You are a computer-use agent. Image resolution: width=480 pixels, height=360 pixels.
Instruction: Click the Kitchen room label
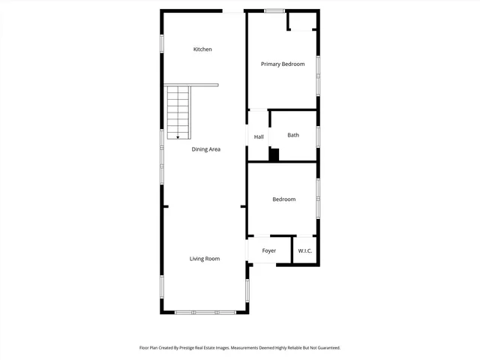(202, 49)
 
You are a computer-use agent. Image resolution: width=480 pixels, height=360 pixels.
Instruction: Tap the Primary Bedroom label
(283, 64)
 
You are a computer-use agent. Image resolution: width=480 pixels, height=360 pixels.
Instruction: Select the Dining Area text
(205, 149)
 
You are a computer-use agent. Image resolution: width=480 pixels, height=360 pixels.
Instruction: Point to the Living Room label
(204, 259)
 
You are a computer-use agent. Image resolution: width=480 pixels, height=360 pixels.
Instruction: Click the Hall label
(259, 137)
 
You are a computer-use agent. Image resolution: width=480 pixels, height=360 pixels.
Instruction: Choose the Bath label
(293, 135)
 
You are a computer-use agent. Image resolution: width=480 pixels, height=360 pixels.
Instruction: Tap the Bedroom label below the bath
(283, 199)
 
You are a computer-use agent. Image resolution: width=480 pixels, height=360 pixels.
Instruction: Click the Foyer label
(268, 250)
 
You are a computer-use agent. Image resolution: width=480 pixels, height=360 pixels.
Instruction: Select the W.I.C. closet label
(305, 250)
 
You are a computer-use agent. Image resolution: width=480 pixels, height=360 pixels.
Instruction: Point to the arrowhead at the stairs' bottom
(178, 136)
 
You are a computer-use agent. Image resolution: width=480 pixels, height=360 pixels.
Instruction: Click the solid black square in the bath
(274, 154)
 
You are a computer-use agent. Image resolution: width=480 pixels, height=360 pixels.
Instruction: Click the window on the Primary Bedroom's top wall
(274, 10)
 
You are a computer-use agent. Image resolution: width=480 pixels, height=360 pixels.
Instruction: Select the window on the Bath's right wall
(318, 136)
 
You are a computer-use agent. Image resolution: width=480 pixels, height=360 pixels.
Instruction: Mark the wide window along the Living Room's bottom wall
(205, 312)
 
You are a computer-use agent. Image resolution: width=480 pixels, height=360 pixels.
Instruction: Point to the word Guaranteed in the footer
(326, 348)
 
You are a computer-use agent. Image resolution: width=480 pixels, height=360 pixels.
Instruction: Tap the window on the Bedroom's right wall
(318, 199)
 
